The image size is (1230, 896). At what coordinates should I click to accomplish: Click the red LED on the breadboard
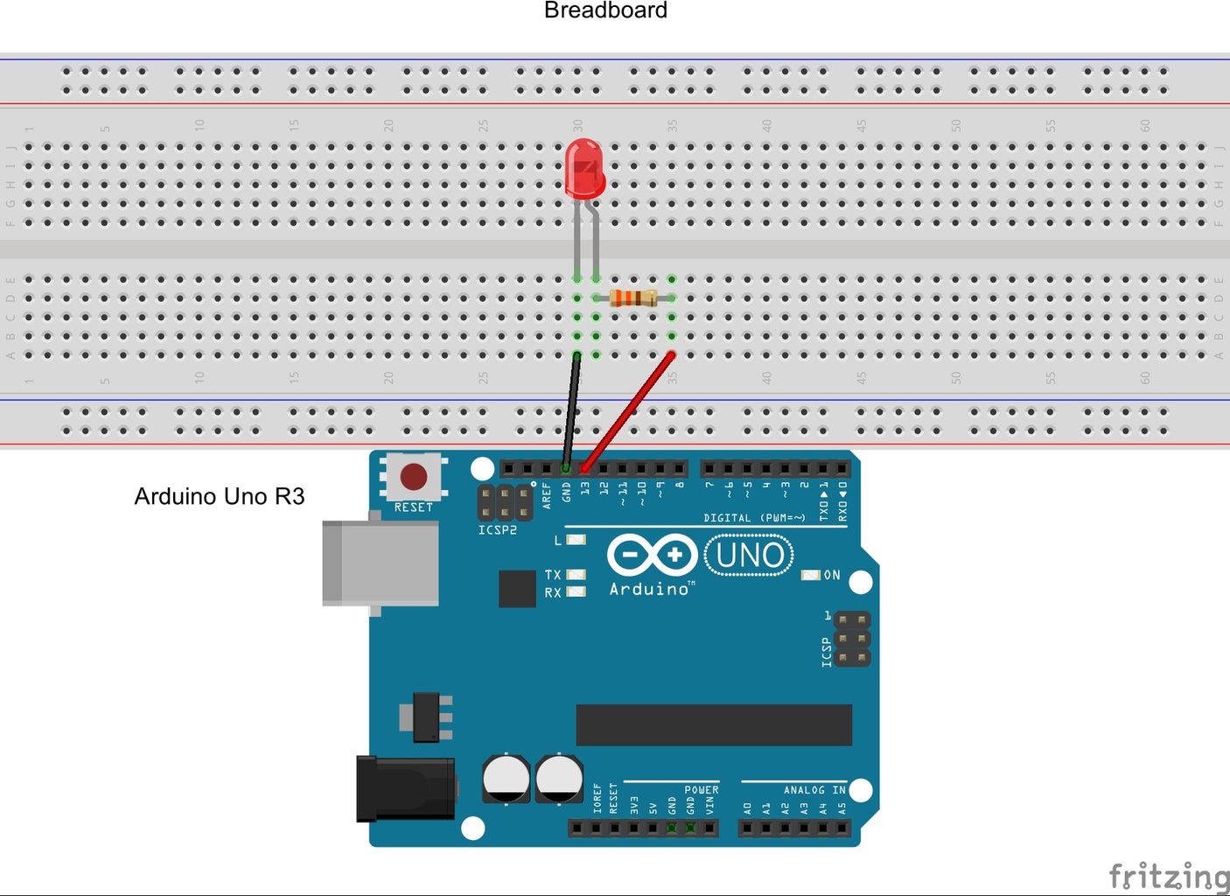coord(584,169)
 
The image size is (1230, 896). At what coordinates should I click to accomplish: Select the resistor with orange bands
coord(633,297)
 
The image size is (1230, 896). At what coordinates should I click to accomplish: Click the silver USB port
coord(381,563)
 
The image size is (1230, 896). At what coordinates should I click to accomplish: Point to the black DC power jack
coord(405,789)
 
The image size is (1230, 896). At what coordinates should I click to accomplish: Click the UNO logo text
coord(749,556)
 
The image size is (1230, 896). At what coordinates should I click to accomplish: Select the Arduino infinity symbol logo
coord(652,556)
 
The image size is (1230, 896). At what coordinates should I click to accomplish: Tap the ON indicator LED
coord(811,575)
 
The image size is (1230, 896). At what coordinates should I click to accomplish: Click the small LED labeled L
coord(576,540)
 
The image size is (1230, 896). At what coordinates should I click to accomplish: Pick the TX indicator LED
coord(576,574)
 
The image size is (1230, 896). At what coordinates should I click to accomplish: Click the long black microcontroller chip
coord(713,724)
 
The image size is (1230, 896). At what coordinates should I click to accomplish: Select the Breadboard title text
coord(605,10)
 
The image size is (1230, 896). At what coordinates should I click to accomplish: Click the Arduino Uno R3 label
coord(219,496)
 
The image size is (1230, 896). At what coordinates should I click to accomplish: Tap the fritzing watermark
coord(1168,875)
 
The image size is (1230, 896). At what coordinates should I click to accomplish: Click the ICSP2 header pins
coord(505,502)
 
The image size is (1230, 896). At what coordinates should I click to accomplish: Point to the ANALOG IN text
coord(814,790)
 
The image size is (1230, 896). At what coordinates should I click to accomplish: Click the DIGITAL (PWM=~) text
coord(754,518)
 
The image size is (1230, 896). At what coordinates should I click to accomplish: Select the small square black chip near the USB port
coord(517,588)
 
